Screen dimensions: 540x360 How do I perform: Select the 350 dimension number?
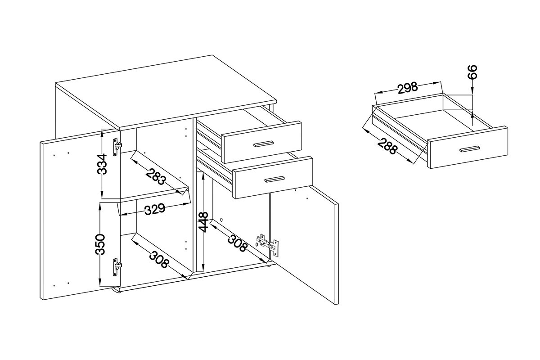coord(100,244)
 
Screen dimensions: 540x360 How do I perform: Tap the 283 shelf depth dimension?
coord(156,176)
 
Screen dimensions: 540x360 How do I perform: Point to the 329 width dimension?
coord(155,209)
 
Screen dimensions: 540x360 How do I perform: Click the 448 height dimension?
coord(203,222)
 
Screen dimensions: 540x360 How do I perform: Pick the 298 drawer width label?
coord(407,88)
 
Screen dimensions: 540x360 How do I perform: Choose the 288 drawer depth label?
coord(387,146)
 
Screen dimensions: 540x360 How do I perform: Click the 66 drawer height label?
coord(472,72)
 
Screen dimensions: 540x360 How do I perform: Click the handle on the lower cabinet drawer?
coord(274,179)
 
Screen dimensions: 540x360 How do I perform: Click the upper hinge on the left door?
coord(117,147)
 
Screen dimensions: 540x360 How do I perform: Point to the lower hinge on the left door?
coord(117,267)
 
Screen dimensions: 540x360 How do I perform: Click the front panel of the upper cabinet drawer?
coord(262,142)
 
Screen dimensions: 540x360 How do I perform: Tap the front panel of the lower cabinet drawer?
coord(273,178)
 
